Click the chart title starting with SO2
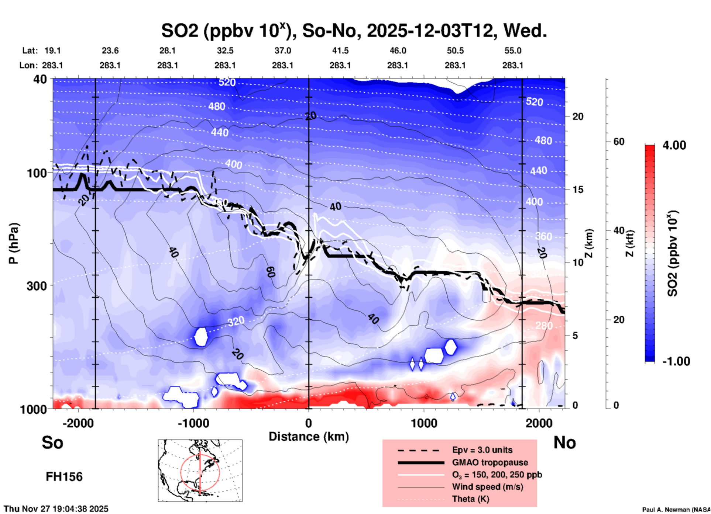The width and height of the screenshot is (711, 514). tap(354, 31)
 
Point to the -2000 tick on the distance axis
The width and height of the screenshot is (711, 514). tap(78, 423)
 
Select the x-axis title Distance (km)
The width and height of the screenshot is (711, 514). tap(309, 437)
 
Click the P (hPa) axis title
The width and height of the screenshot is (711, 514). tap(14, 243)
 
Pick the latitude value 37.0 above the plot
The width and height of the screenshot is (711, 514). tap(282, 51)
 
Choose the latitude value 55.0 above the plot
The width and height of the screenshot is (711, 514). tap(513, 51)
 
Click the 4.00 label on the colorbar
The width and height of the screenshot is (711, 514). tap(674, 145)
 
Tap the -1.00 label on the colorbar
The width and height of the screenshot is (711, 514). tap(676, 361)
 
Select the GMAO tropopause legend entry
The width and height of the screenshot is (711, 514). tap(490, 462)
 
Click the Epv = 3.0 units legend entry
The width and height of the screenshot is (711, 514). tap(482, 450)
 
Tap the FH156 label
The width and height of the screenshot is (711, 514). tap(64, 477)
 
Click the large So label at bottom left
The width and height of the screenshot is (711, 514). tap(52, 442)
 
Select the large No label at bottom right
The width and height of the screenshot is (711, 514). tap(564, 442)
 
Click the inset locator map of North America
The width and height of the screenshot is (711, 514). tap(200, 470)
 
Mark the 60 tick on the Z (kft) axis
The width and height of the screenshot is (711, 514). tap(619, 142)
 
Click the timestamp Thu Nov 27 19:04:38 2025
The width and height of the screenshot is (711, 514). tap(56, 509)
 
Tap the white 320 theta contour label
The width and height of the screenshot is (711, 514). tap(236, 322)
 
